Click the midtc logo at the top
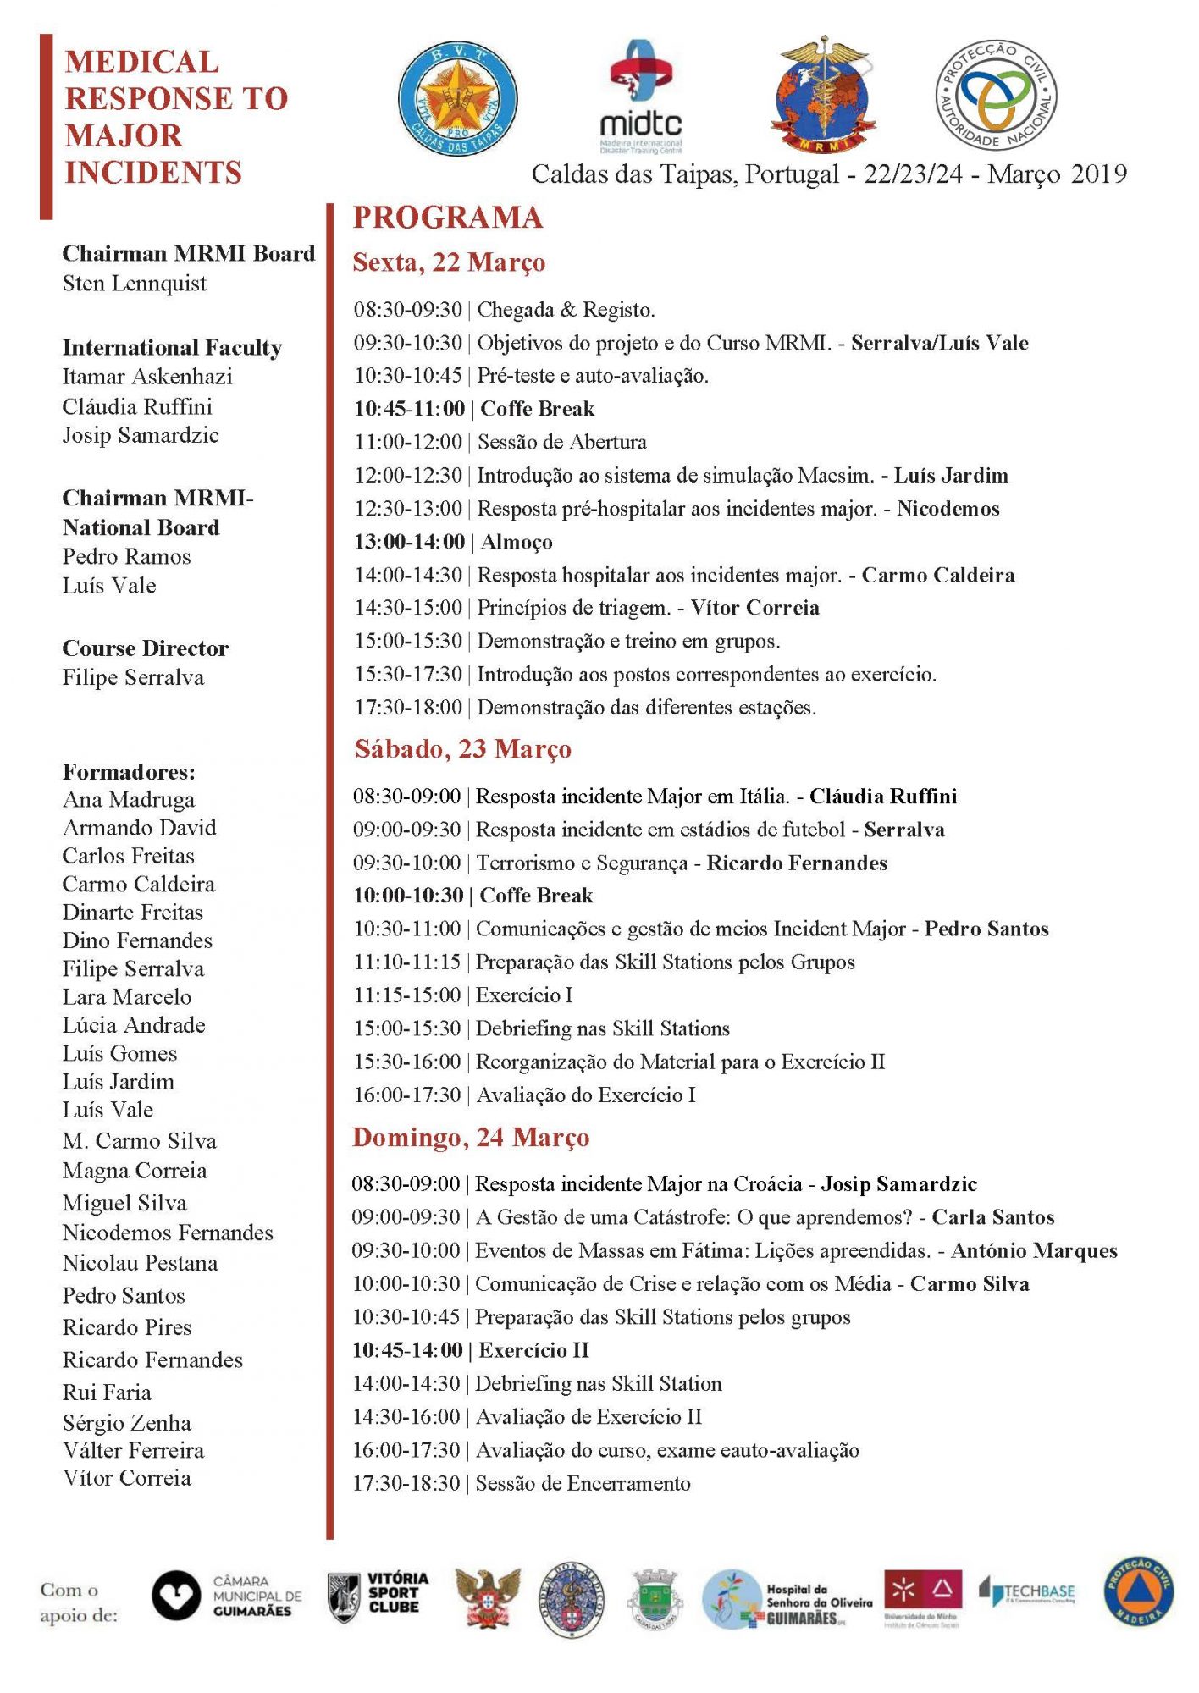(641, 97)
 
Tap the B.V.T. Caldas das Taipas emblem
(457, 98)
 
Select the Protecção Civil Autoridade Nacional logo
(997, 95)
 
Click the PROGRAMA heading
(447, 218)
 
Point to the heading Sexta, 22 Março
(449, 262)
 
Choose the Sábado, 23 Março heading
(462, 749)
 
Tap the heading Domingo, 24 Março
(471, 1138)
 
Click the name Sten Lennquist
(134, 284)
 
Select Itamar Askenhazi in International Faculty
(147, 377)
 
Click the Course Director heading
(145, 648)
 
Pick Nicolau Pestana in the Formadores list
(140, 1263)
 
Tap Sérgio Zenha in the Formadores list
(127, 1423)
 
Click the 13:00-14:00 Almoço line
(453, 542)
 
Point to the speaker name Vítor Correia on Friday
(754, 608)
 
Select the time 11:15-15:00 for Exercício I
(406, 995)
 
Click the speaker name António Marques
(1034, 1250)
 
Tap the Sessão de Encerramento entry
(583, 1483)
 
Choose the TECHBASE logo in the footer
(1027, 1592)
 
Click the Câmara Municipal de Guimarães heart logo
(176, 1596)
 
